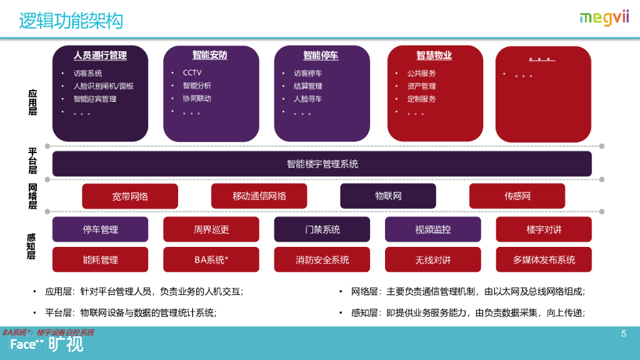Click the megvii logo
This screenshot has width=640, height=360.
(604, 17)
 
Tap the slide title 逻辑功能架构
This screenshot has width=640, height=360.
(71, 21)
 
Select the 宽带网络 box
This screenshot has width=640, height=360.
(130, 196)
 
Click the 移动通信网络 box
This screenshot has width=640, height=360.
(259, 196)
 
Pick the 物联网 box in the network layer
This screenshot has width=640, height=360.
(388, 196)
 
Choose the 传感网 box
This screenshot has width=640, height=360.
(517, 196)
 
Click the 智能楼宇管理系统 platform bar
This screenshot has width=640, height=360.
(322, 164)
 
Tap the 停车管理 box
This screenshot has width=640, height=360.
(100, 229)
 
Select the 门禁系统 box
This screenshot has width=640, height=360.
(322, 229)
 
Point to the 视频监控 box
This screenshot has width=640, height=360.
(432, 229)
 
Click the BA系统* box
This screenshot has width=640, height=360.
(211, 259)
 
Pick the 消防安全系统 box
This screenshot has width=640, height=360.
(322, 259)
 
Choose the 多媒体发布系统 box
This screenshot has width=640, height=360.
(544, 259)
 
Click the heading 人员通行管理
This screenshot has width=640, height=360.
(100, 56)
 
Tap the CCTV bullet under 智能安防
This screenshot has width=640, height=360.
(192, 72)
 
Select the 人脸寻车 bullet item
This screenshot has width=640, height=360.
(307, 99)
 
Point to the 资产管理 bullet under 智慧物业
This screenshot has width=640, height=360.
(421, 86)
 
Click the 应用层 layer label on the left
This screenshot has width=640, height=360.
(32, 102)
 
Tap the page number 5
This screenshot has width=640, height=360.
(623, 334)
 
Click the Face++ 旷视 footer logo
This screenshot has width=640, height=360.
(47, 344)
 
